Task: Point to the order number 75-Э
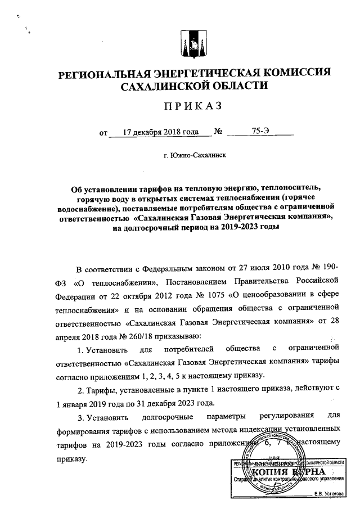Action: (x=260, y=133)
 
